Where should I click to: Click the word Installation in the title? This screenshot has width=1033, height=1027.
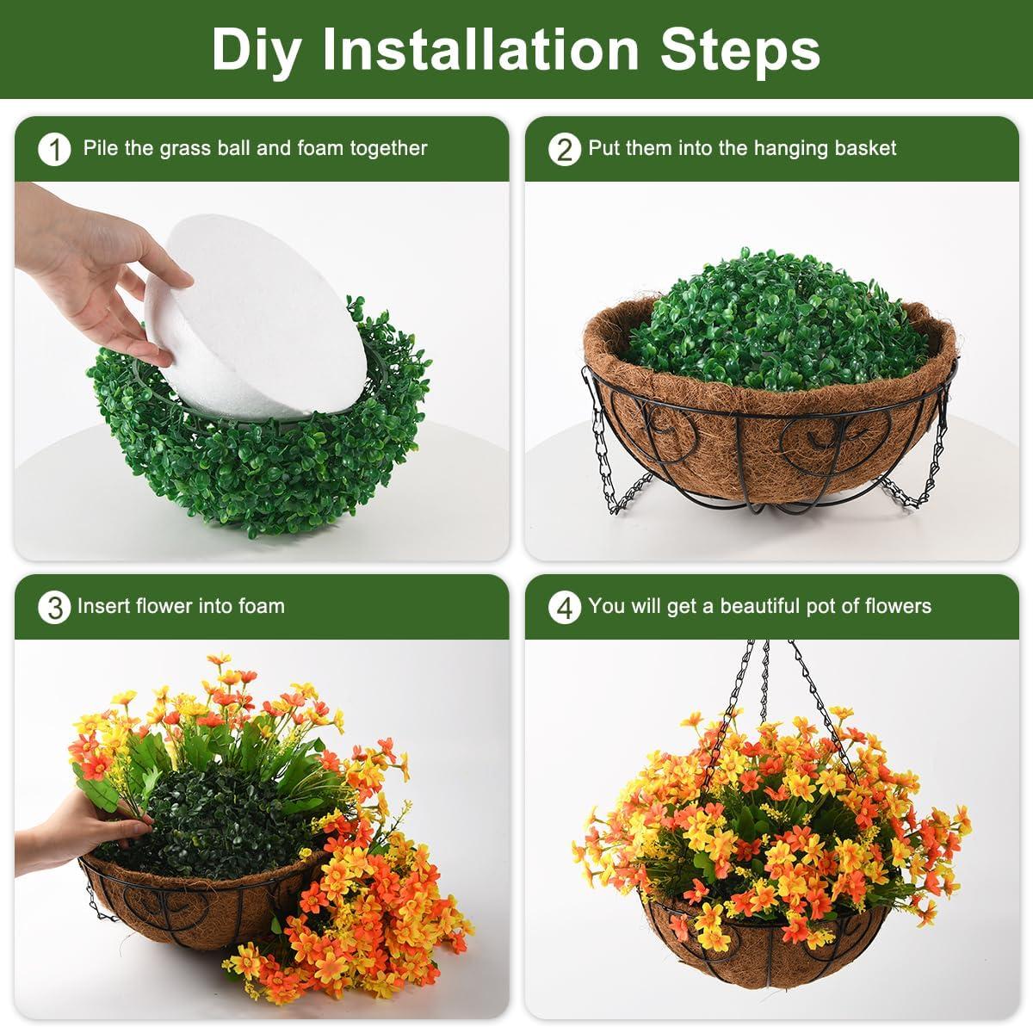click(x=480, y=49)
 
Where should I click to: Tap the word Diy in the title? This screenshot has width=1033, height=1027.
click(x=256, y=49)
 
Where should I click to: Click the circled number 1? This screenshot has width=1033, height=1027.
click(x=54, y=150)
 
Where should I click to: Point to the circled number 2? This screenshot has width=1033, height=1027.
click(x=564, y=150)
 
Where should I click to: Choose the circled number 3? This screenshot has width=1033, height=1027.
click(x=54, y=608)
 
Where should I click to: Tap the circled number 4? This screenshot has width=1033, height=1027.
click(x=564, y=608)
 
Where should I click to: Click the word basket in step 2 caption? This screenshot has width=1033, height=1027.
click(x=865, y=148)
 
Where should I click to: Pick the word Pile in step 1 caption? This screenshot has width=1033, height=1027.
click(x=102, y=148)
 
